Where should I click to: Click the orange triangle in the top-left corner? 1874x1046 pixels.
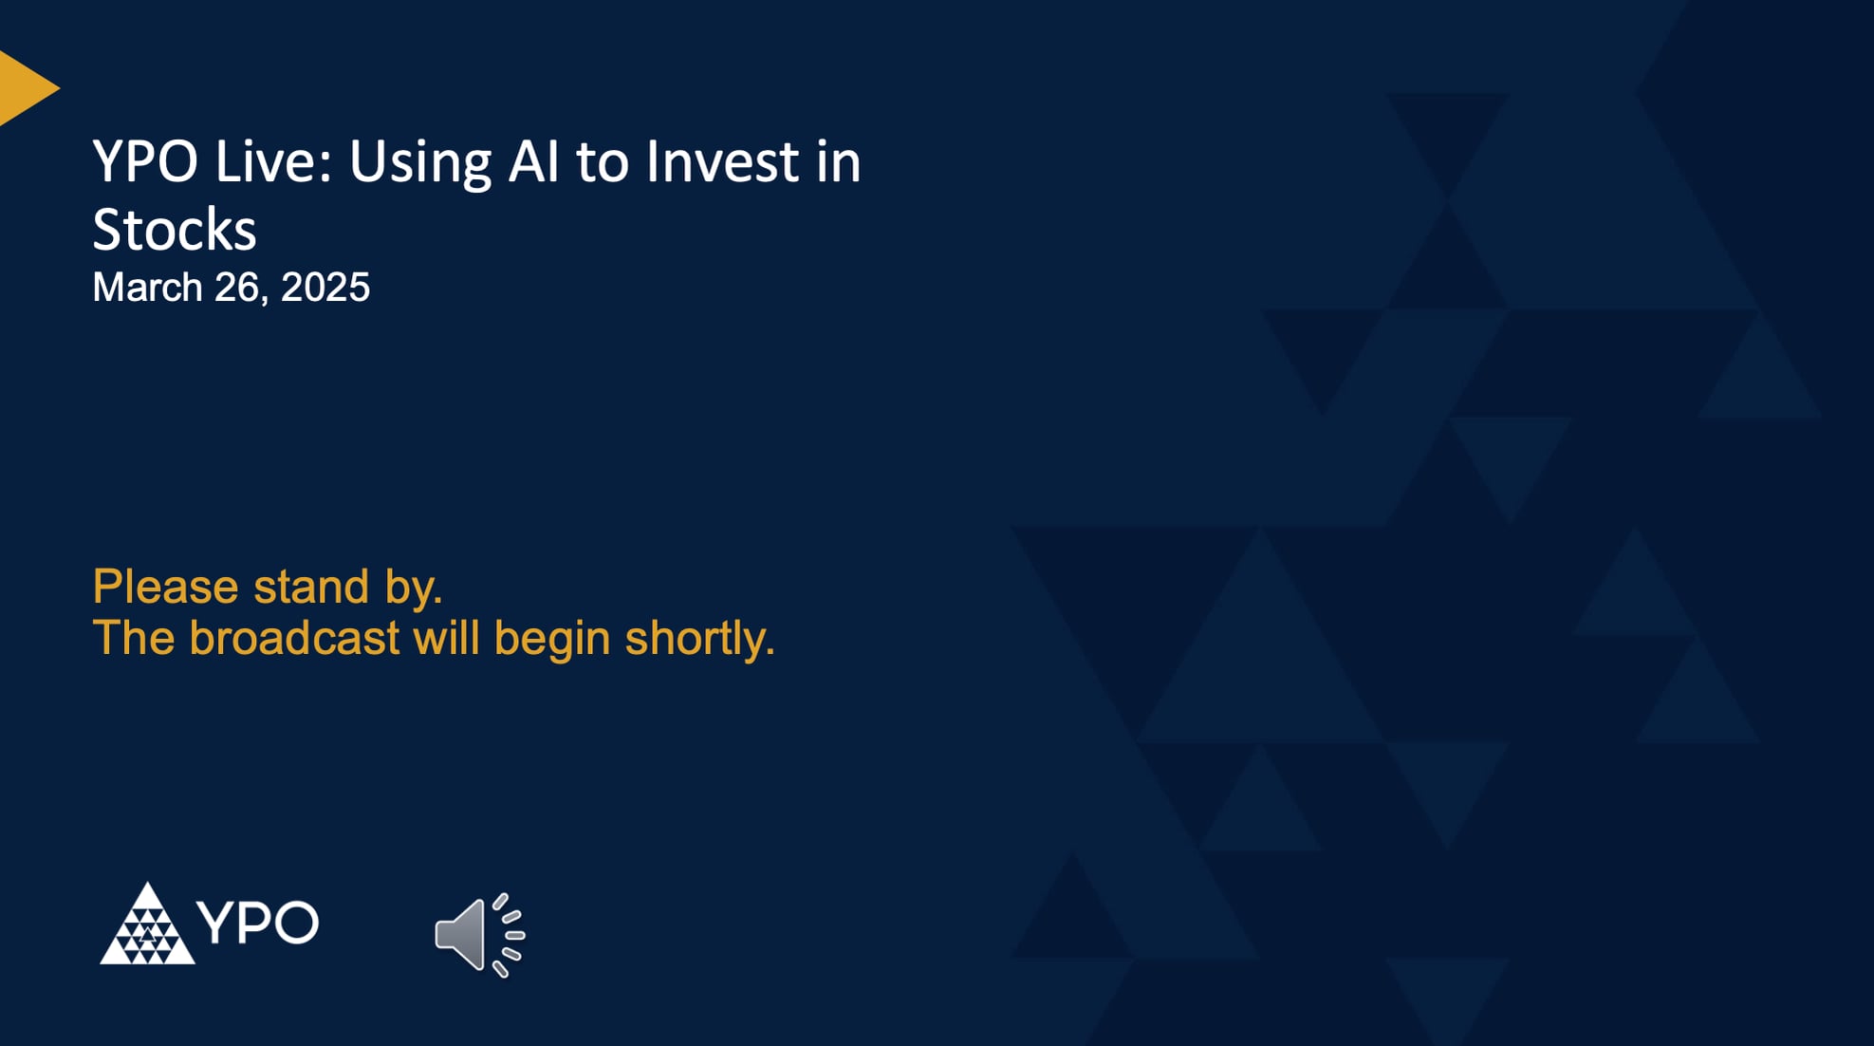click(24, 88)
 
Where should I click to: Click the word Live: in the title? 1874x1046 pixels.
click(273, 161)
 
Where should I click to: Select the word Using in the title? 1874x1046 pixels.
click(420, 163)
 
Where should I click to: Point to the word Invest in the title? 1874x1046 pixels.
click(722, 161)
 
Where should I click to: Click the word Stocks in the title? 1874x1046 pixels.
click(175, 230)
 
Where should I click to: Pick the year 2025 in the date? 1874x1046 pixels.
click(325, 288)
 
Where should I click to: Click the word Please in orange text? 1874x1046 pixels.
click(165, 587)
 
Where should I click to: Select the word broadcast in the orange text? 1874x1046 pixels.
click(294, 638)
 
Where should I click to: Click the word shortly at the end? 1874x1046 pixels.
click(698, 640)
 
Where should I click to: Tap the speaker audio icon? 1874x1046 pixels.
click(462, 935)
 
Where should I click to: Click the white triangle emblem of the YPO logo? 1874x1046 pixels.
click(147, 928)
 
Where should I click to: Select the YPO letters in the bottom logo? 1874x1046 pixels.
click(258, 923)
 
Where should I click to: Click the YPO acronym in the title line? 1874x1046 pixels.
click(144, 161)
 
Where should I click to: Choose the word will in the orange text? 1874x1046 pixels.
click(446, 638)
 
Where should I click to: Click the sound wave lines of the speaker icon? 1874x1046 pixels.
click(510, 935)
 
